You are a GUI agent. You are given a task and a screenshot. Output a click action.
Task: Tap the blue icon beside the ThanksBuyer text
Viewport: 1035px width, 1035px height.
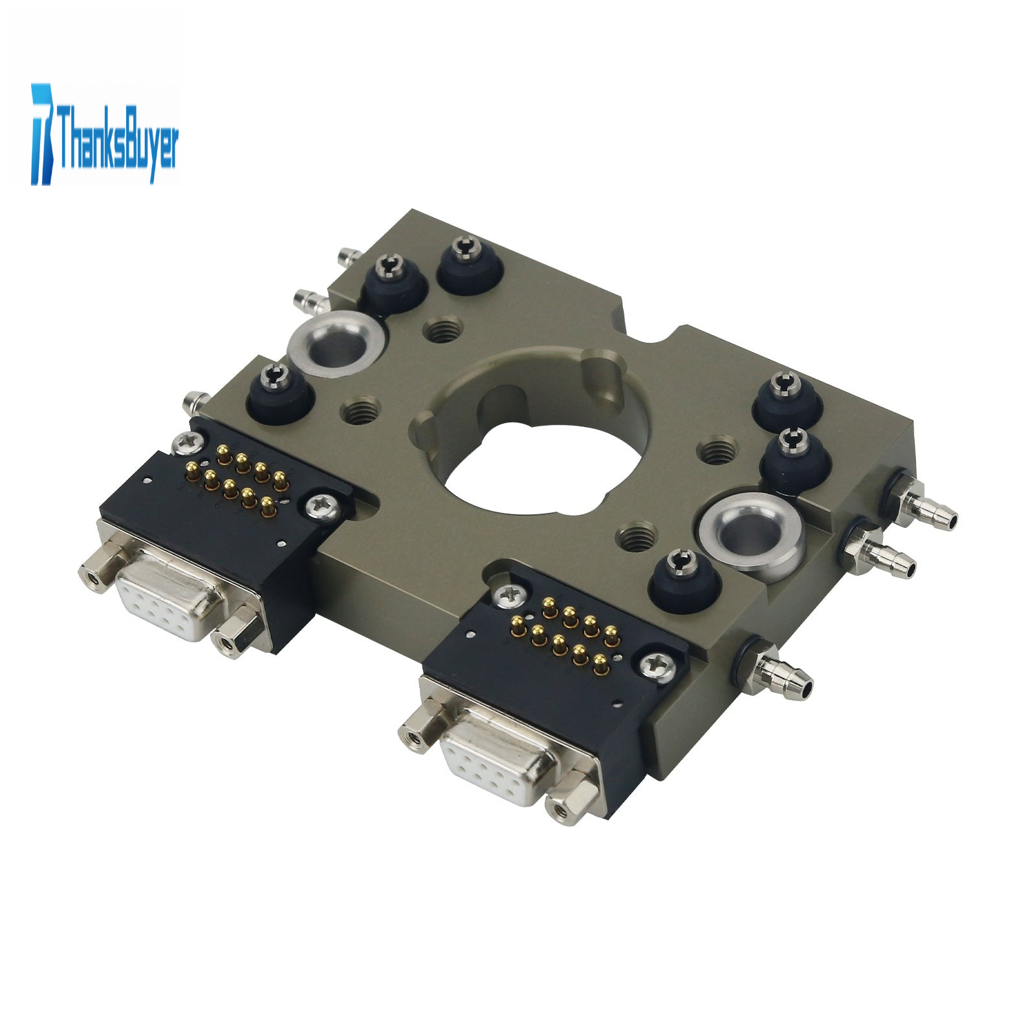click(43, 134)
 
